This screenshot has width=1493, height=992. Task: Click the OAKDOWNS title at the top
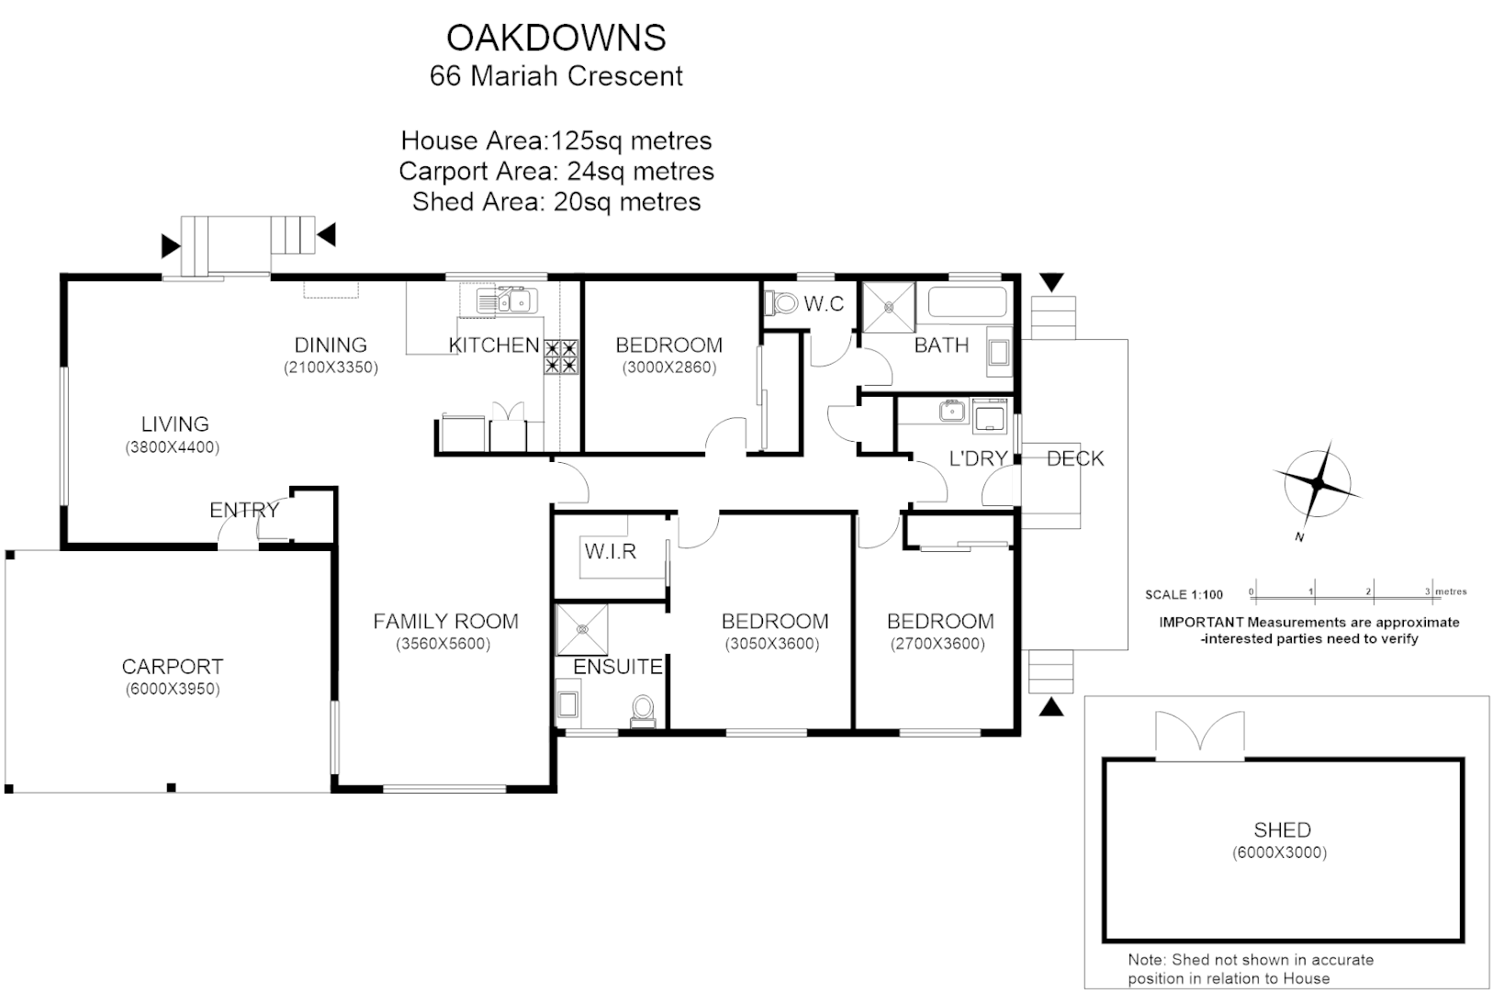tap(556, 38)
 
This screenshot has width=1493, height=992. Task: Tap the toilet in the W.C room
tap(783, 302)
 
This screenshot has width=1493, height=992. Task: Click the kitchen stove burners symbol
tap(561, 355)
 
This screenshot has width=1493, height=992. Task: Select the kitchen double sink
tap(504, 300)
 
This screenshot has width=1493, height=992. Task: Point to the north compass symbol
tap(1318, 483)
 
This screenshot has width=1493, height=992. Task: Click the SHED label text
tap(1282, 830)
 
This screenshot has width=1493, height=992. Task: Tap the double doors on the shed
tap(1199, 735)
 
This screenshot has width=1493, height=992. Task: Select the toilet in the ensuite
tap(643, 710)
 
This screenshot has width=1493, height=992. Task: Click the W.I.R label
tap(611, 551)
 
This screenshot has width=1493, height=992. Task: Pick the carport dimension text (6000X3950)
tap(173, 690)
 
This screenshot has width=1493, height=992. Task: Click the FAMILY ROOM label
tap(445, 622)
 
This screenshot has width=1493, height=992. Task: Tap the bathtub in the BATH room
tap(966, 301)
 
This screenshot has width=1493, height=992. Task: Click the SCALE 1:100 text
tap(1184, 594)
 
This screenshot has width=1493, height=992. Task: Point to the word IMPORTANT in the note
tap(1200, 622)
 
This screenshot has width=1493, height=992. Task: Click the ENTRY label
tap(243, 511)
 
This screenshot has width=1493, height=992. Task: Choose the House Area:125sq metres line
tap(556, 141)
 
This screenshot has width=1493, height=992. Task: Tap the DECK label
tap(1075, 458)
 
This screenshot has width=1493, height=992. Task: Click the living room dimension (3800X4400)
tap(173, 448)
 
